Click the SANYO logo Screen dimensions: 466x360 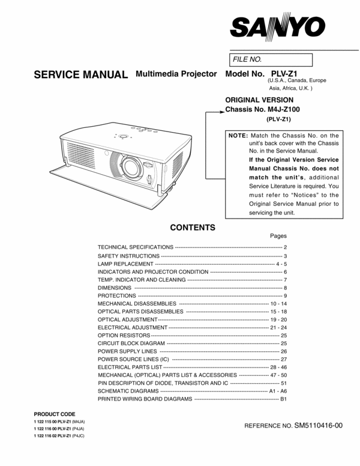pos(277,26)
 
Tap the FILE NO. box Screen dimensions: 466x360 pos(271,59)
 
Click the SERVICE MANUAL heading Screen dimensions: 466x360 pos(80,75)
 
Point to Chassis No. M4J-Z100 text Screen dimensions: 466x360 pos(262,110)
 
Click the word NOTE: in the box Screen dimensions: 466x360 pos(238,136)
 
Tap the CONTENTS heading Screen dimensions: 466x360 pos(193,228)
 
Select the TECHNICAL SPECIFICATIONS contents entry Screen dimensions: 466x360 pos(136,247)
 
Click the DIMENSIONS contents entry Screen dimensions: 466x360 pos(115,288)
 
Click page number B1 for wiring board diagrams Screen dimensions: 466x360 pos(284,399)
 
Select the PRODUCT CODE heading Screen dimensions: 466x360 pos(55,414)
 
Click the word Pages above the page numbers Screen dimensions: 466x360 pos(278,236)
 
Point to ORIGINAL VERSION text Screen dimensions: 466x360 pos(259,100)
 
